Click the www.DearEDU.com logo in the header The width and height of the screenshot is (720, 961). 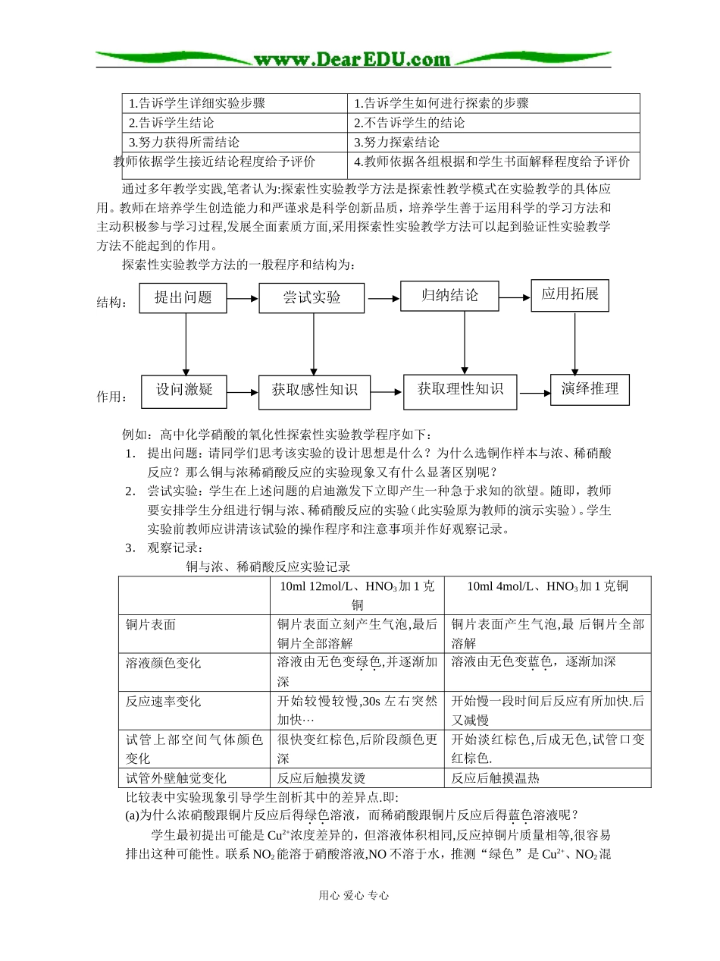click(352, 59)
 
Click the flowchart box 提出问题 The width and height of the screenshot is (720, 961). click(183, 297)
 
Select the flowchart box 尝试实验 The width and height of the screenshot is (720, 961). click(311, 297)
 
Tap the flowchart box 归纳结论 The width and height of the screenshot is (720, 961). click(449, 296)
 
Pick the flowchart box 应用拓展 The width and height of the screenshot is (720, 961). click(570, 294)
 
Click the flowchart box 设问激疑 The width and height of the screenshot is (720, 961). click(185, 390)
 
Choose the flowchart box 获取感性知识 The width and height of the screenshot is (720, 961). click(315, 391)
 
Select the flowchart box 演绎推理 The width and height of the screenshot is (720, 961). click(590, 389)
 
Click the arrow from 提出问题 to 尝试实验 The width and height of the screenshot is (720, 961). click(243, 299)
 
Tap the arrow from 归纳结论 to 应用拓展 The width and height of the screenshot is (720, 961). click(515, 297)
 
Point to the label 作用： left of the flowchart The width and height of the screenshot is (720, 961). click(112, 397)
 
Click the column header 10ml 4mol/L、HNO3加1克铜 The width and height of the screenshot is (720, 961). click(547, 586)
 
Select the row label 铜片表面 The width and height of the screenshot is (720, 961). click(151, 624)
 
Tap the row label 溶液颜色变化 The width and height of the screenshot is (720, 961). click(164, 663)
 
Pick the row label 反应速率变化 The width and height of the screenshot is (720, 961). click(164, 702)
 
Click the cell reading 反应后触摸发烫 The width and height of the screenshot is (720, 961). click(321, 777)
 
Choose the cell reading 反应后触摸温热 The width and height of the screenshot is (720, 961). click(496, 777)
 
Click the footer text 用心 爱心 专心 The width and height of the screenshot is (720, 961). click(354, 895)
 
